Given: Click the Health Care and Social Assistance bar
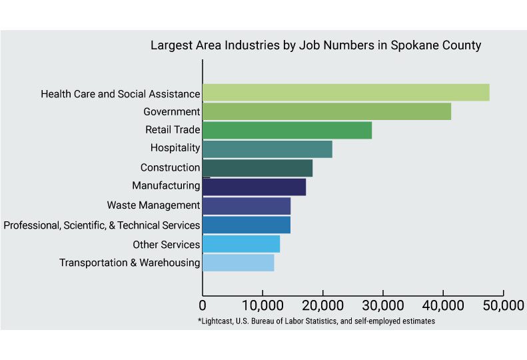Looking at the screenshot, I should (345, 93).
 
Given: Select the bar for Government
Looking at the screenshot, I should (326, 111).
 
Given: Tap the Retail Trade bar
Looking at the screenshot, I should (286, 130).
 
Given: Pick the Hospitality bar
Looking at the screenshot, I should (266, 149).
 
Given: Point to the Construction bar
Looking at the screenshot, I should (257, 168).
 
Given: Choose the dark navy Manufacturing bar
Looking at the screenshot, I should (254, 187).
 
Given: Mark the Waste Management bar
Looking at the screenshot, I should (246, 206).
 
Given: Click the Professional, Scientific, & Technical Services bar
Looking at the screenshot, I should (246, 225).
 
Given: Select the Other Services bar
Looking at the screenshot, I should (241, 244).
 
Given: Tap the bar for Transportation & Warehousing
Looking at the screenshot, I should (238, 263).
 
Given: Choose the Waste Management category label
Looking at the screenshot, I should (153, 205).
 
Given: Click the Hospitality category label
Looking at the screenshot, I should (175, 148).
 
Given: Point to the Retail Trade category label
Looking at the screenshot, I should (173, 129).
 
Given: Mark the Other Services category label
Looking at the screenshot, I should (166, 244).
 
